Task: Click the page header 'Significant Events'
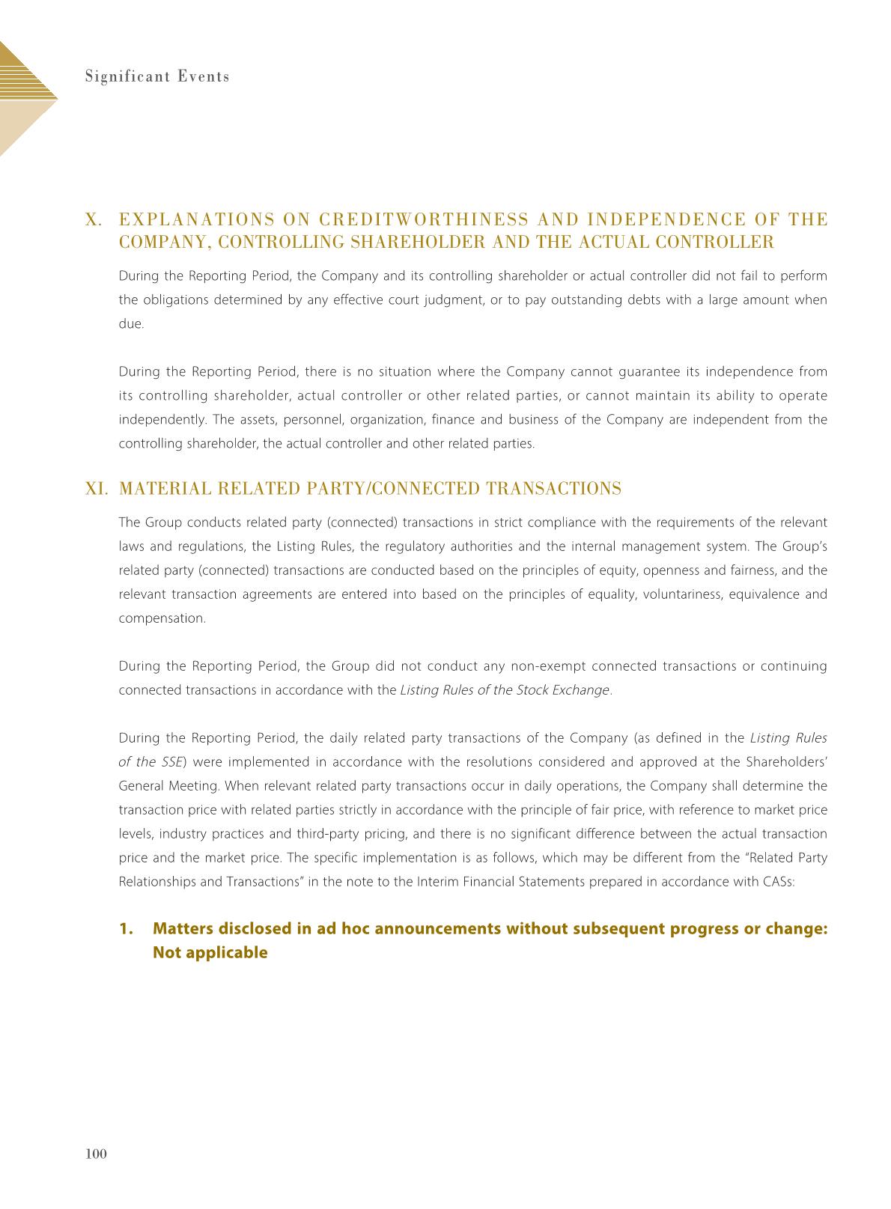(156, 76)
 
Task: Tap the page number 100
(97, 1154)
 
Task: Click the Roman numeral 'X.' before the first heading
(94, 219)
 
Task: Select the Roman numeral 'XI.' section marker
(97, 489)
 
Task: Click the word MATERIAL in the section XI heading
(159, 489)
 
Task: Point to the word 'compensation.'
(162, 618)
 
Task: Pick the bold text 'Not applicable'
(210, 953)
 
